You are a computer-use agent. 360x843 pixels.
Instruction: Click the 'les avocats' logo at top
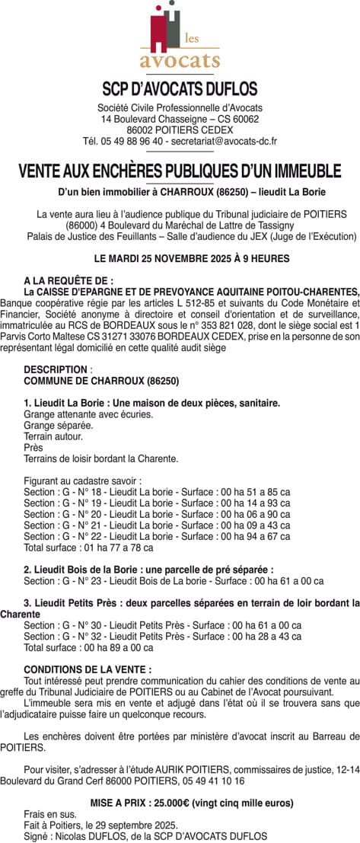[180, 38]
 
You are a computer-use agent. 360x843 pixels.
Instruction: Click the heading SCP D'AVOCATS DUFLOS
[180, 89]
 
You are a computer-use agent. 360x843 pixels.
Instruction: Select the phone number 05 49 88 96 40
[125, 141]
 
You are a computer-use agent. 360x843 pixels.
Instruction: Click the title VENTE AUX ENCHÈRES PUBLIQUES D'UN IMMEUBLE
[180, 171]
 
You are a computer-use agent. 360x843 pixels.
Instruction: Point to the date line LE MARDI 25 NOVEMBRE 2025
[180, 258]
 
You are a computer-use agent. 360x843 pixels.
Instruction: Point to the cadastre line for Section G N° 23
[163, 583]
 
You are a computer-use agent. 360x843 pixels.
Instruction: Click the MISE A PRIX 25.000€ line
[180, 803]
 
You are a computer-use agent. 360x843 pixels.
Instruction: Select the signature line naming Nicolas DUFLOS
[145, 835]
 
